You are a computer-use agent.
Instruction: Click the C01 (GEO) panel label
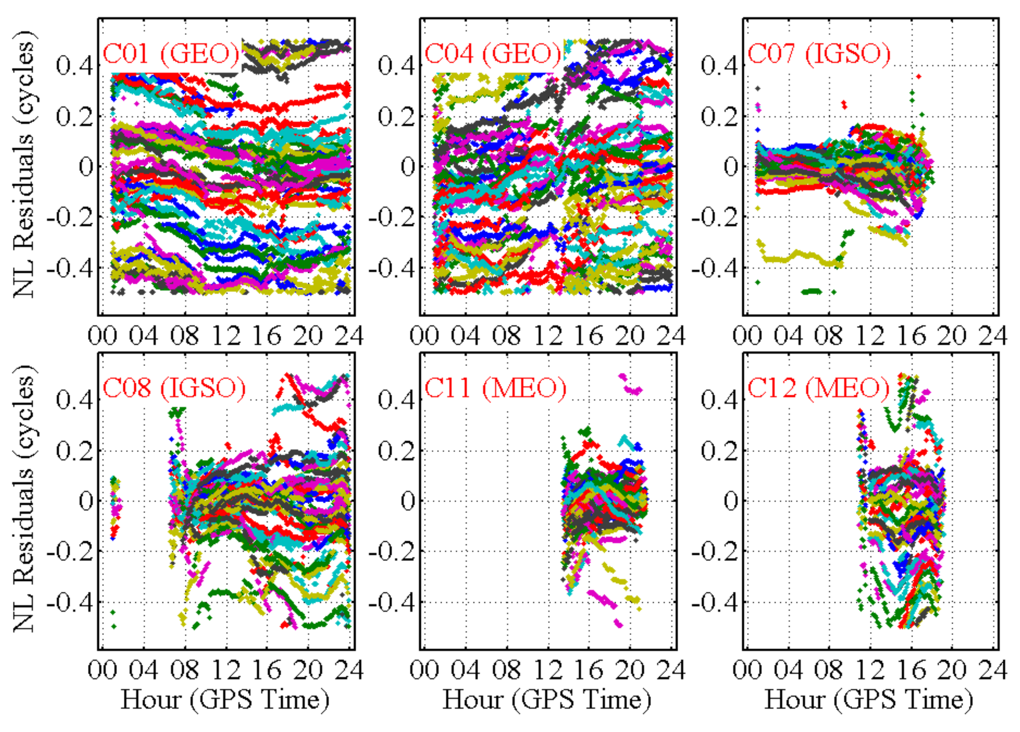point(171,54)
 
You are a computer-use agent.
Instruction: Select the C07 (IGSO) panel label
point(819,54)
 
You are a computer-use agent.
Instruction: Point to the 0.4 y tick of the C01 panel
point(74,66)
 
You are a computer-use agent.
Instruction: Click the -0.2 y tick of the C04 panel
point(391,218)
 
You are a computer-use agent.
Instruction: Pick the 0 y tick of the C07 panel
point(731,167)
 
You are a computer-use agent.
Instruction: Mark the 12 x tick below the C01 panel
point(226,336)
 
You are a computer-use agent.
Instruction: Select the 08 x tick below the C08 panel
point(185,670)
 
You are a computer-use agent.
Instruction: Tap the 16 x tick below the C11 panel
point(588,670)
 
